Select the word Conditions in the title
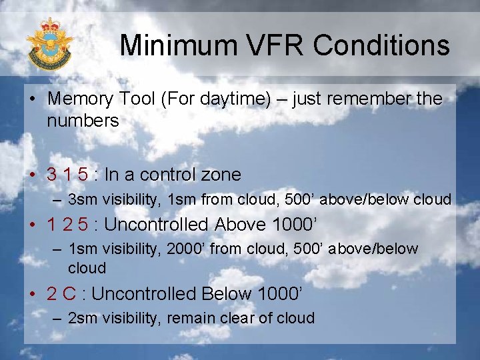(383, 45)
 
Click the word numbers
(83, 121)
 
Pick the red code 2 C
(61, 294)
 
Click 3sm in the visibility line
(82, 199)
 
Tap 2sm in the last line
(82, 318)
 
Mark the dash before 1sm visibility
(57, 249)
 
